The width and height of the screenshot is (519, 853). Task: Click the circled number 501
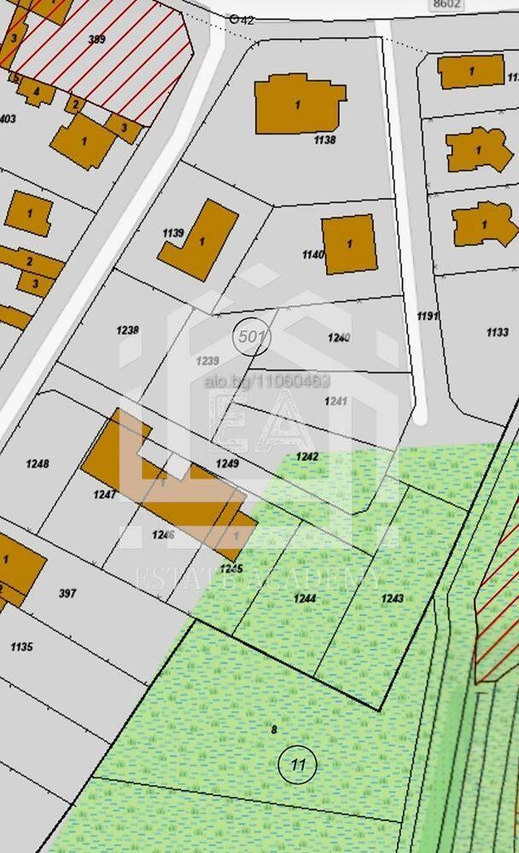tap(251, 337)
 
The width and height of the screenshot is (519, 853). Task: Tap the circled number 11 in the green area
tap(298, 764)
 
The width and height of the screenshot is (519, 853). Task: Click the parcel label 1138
tap(324, 140)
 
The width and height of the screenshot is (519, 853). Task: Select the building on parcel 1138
tap(299, 104)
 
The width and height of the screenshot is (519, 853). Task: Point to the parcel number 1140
tap(313, 254)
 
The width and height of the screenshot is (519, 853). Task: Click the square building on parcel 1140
tap(350, 244)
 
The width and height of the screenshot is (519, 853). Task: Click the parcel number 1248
tap(38, 464)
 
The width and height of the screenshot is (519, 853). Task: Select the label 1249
tap(226, 463)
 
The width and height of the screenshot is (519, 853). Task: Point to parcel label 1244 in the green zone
tap(305, 599)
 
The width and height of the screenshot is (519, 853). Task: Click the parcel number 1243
tap(392, 598)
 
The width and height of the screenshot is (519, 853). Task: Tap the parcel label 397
tap(67, 593)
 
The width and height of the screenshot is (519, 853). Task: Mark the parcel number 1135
tap(21, 647)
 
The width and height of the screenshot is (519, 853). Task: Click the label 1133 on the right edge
tap(497, 332)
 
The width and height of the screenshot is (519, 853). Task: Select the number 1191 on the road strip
tap(428, 316)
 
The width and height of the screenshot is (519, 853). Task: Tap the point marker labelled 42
tap(236, 19)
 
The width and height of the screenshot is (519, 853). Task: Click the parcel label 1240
tap(339, 338)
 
